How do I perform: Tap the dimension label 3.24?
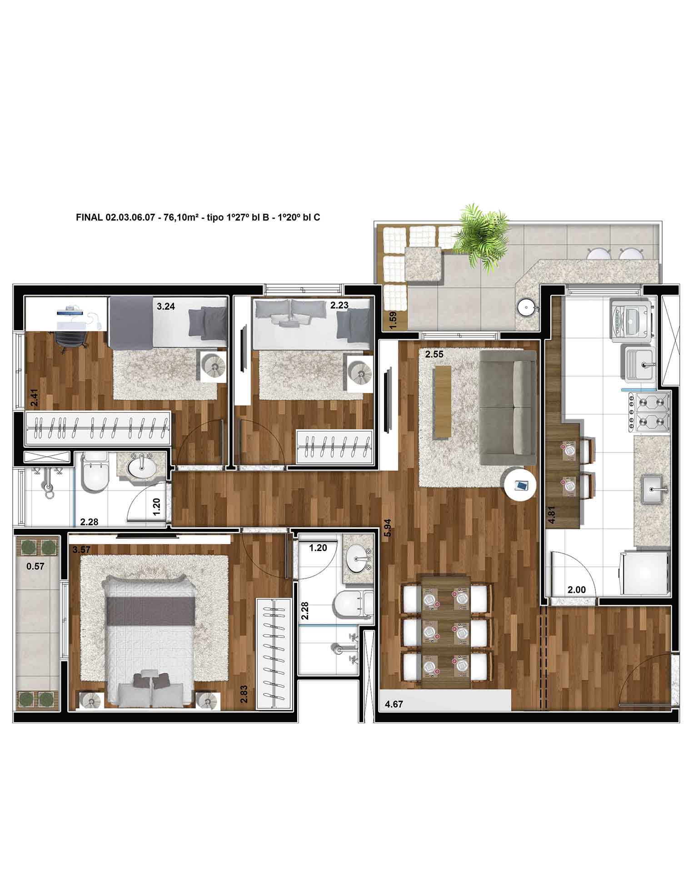click(x=165, y=306)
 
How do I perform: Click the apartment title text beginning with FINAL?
click(x=198, y=217)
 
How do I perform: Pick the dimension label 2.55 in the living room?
click(x=434, y=354)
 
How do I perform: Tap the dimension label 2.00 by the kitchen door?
click(x=577, y=590)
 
